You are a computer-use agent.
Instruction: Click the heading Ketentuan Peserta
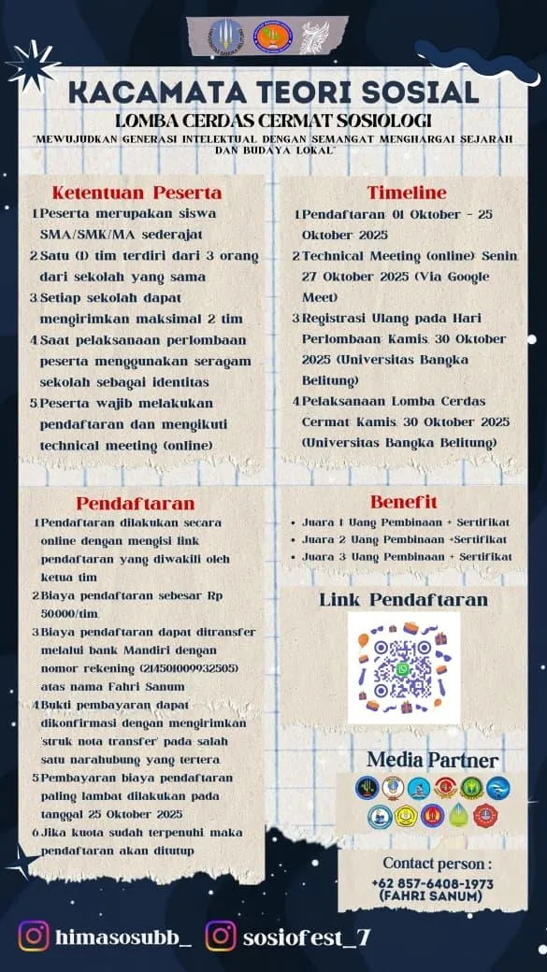(137, 193)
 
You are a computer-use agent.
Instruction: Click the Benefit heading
(404, 502)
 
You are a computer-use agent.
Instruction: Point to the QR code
(404, 667)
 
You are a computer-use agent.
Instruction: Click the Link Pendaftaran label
(404, 599)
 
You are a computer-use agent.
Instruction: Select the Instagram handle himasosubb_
(123, 936)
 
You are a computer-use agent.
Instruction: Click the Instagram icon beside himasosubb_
(35, 936)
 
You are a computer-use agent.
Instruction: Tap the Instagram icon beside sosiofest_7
(221, 936)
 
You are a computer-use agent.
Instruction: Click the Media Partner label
(432, 760)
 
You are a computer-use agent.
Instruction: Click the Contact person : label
(437, 864)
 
